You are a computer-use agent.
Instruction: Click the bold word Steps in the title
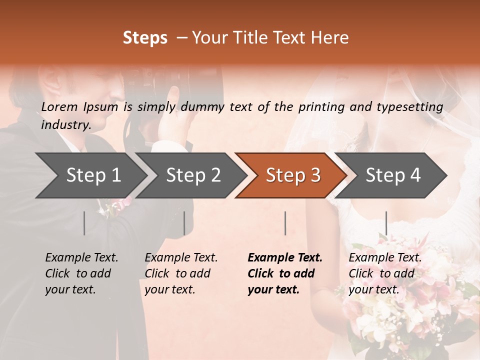click(145, 38)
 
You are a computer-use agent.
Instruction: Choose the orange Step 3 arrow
click(293, 175)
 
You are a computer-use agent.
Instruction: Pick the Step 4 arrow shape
click(393, 175)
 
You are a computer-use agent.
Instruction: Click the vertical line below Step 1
click(84, 223)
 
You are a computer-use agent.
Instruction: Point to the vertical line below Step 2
click(184, 223)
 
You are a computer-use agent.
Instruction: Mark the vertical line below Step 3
click(285, 223)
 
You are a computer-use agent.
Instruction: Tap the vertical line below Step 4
click(386, 223)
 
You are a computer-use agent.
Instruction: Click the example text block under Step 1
click(81, 273)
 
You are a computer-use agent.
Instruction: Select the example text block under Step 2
click(181, 273)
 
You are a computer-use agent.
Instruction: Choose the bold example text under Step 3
click(284, 273)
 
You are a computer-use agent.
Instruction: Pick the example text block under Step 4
click(385, 273)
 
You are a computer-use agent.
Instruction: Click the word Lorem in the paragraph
click(59, 106)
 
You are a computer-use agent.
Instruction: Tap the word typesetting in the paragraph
click(413, 106)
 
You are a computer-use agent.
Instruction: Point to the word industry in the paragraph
click(66, 124)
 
